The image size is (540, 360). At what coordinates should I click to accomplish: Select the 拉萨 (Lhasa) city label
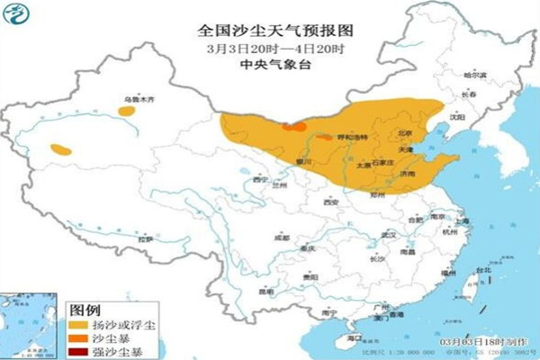pyautogui.click(x=145, y=239)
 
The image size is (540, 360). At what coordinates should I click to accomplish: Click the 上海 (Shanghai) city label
pyautogui.click(x=463, y=220)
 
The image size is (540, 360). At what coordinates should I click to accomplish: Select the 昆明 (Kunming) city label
pyautogui.click(x=265, y=291)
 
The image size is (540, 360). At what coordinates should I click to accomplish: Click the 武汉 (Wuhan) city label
pyautogui.click(x=389, y=234)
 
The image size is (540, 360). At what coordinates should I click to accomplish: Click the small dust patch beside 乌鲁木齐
pyautogui.click(x=123, y=112)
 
